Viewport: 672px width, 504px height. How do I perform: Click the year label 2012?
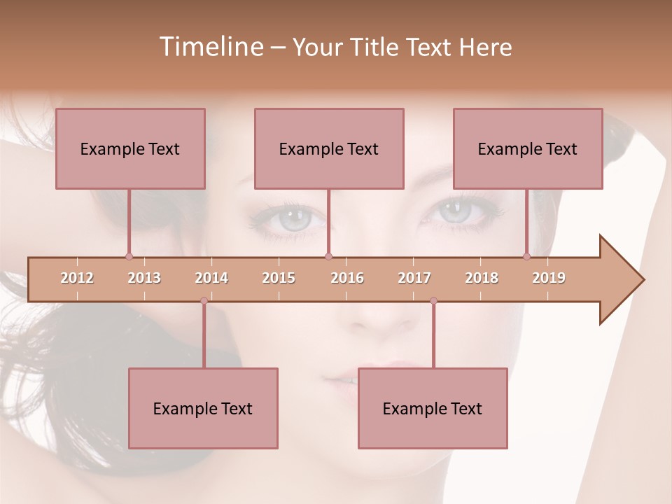tap(77, 278)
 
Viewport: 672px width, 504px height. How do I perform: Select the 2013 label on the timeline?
tap(144, 278)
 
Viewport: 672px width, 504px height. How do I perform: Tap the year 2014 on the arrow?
tap(211, 278)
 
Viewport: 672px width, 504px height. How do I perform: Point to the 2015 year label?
tap(279, 278)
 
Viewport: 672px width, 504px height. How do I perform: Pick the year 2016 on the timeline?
tap(347, 278)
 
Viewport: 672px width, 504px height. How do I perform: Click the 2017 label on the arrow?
tap(414, 278)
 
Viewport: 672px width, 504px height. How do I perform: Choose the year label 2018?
tap(482, 278)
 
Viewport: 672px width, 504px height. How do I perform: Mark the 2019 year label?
tap(549, 278)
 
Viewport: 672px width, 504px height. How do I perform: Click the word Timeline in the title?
tap(209, 47)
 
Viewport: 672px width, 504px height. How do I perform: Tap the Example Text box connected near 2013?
tap(130, 148)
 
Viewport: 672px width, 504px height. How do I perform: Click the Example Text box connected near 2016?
tap(329, 148)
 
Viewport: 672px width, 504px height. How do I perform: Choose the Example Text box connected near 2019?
tap(528, 148)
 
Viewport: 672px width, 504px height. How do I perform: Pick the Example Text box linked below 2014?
tap(203, 408)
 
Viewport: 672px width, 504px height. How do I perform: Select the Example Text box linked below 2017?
tap(433, 408)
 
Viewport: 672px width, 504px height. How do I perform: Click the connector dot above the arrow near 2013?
tap(129, 256)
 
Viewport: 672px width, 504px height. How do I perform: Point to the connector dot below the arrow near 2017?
tap(433, 301)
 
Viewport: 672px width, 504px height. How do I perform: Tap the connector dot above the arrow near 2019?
tap(526, 256)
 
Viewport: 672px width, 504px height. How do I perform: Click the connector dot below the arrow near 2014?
tap(204, 301)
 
